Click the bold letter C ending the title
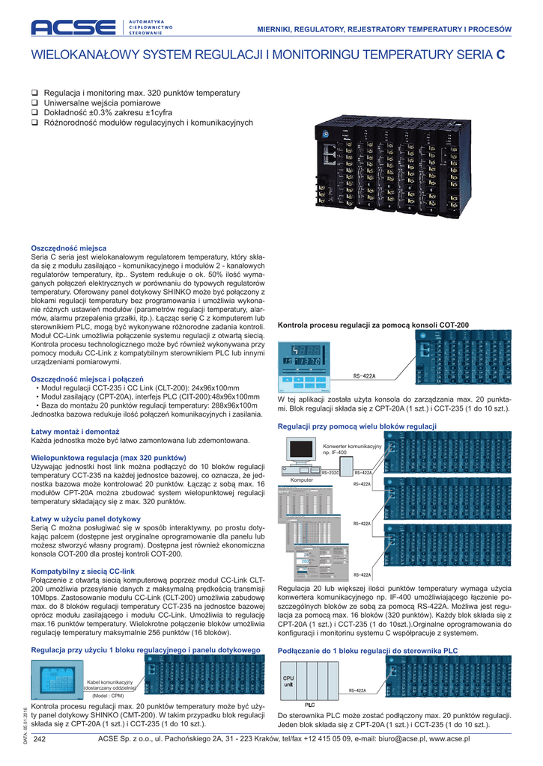coord(500,55)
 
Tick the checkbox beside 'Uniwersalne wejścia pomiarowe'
coord(34,102)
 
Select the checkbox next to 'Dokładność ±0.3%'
coord(34,112)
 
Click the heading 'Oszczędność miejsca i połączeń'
coord(87,379)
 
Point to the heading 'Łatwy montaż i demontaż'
coord(75,432)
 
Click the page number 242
coord(40,739)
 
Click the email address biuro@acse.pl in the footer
coord(411,739)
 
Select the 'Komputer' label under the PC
coord(301,480)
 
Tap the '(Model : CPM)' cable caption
coord(108,695)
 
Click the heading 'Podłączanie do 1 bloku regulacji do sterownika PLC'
coord(367,651)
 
